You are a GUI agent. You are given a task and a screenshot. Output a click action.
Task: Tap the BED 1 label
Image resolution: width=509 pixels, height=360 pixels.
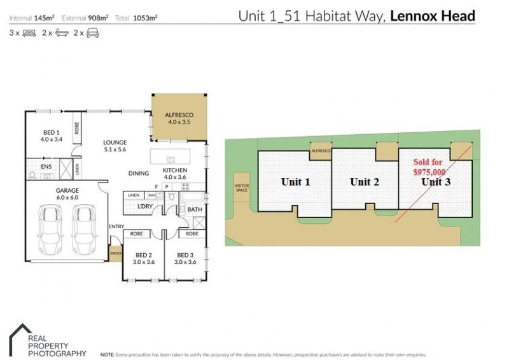[x=51, y=135]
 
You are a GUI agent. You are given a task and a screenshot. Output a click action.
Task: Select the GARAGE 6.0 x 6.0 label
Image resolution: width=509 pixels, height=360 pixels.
[x=67, y=194]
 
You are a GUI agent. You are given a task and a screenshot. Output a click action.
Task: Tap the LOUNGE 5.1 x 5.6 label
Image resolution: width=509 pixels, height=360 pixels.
[x=115, y=146]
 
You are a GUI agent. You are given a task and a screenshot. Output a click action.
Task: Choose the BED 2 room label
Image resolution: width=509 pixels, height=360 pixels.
[x=143, y=258]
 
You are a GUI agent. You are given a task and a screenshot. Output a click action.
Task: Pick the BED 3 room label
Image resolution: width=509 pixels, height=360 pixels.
[x=186, y=258]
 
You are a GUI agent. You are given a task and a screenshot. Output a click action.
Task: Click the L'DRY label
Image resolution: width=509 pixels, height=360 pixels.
[x=144, y=207]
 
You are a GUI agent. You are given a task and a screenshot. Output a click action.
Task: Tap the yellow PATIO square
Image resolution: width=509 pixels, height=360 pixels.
[x=115, y=253]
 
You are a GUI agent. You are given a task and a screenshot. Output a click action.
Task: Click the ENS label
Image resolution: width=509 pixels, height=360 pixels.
[x=46, y=167]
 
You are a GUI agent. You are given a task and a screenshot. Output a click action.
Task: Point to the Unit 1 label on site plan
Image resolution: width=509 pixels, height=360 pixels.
[x=295, y=182]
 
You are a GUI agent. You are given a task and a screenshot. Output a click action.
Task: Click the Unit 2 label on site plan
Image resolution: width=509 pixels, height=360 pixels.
[x=365, y=182]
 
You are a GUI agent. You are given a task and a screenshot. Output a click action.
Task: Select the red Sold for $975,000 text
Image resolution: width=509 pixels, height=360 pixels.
[x=429, y=167]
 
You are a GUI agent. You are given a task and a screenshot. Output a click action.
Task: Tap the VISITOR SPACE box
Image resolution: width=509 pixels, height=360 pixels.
[x=242, y=187]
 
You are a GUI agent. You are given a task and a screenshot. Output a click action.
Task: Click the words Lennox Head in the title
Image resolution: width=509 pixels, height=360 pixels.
[x=432, y=16]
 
